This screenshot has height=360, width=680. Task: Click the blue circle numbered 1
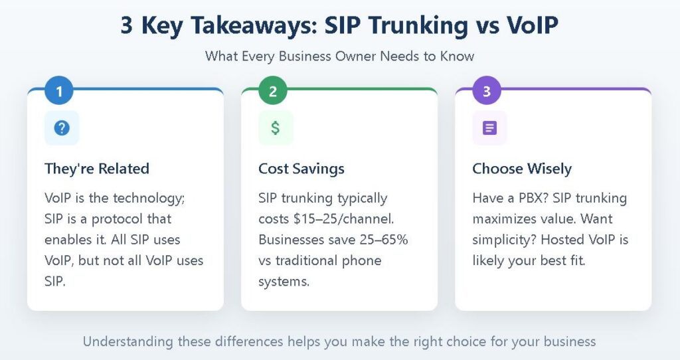pos(59,92)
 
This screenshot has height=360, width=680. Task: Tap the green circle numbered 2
pos(273,92)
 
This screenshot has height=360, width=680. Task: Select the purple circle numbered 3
pos(487,92)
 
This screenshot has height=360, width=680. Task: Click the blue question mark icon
pos(62,128)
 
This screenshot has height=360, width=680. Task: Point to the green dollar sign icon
pos(276,128)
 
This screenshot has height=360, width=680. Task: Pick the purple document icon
pos(489,128)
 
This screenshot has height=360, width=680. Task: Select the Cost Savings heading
pos(301,169)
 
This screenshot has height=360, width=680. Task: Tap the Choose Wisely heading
pos(522,169)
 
